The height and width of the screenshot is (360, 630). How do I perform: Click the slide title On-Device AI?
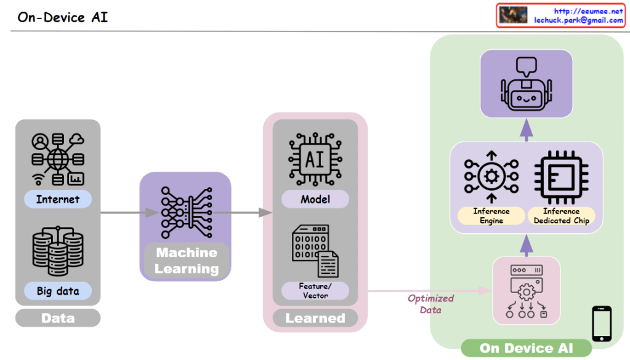coord(62,17)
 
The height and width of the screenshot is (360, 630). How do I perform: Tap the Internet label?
coord(58,199)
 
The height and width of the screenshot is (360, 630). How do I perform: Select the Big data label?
coord(58,290)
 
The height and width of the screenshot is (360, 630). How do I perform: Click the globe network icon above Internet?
coord(58,159)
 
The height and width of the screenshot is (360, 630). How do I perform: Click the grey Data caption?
coord(58,318)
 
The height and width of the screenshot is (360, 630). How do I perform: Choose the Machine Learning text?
coord(186,261)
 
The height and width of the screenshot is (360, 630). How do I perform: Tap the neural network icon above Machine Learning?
coord(185,213)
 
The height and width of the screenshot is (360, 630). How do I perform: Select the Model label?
coord(315,199)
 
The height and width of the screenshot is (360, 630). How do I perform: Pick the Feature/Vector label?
coord(315,290)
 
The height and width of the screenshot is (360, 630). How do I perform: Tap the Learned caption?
coord(315,318)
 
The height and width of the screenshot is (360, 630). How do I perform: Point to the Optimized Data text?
coord(430,304)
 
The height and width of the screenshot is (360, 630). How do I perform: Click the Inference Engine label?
coord(491,215)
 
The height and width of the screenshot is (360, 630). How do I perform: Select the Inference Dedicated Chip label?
coord(561,215)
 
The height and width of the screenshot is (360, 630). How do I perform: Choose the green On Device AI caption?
coord(526,348)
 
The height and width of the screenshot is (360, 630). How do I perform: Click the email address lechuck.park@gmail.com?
coord(578,20)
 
